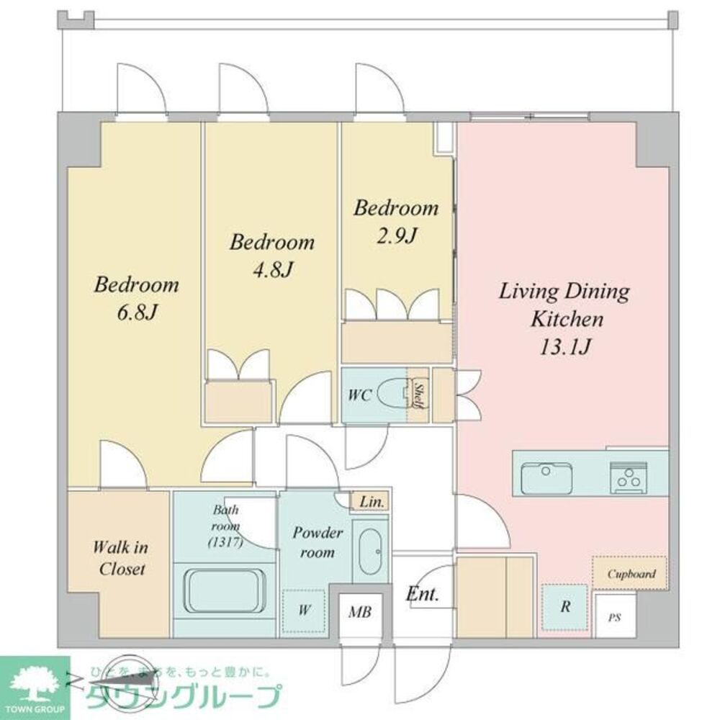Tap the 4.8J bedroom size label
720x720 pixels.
(271, 270)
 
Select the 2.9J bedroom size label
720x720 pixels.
(395, 235)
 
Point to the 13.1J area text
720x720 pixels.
(565, 347)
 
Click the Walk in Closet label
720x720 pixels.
(120, 558)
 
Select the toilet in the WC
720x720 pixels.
(392, 395)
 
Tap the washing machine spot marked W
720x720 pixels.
(305, 611)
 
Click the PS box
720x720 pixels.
(614, 617)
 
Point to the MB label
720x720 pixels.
(360, 613)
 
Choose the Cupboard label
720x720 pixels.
(631, 574)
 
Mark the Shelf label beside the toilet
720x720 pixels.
(417, 395)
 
